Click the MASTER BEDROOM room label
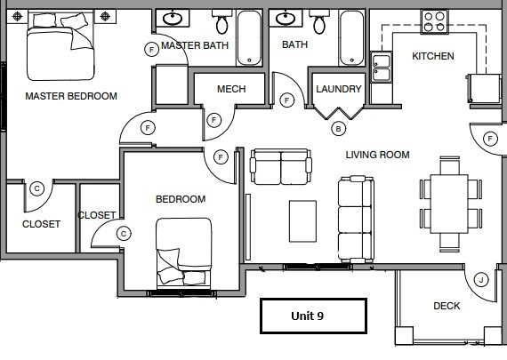[71, 96]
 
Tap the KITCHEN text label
[432, 56]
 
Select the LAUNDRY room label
[339, 89]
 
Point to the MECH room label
[231, 89]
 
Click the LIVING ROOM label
[377, 155]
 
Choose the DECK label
[447, 307]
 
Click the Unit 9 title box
[312, 315]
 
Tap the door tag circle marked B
[338, 129]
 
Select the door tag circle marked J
[481, 279]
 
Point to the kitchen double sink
[381, 68]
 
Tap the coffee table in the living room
[302, 217]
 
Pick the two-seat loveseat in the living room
[281, 165]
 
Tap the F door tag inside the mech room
[213, 120]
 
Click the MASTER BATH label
[195, 45]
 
